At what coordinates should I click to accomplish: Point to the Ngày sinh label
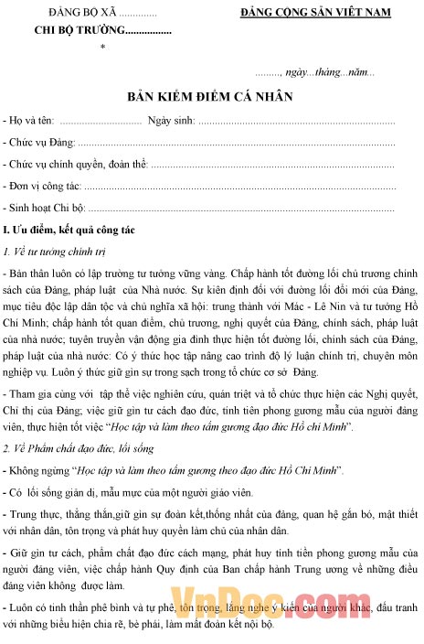170,121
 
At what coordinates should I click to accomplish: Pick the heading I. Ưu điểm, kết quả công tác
70,230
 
